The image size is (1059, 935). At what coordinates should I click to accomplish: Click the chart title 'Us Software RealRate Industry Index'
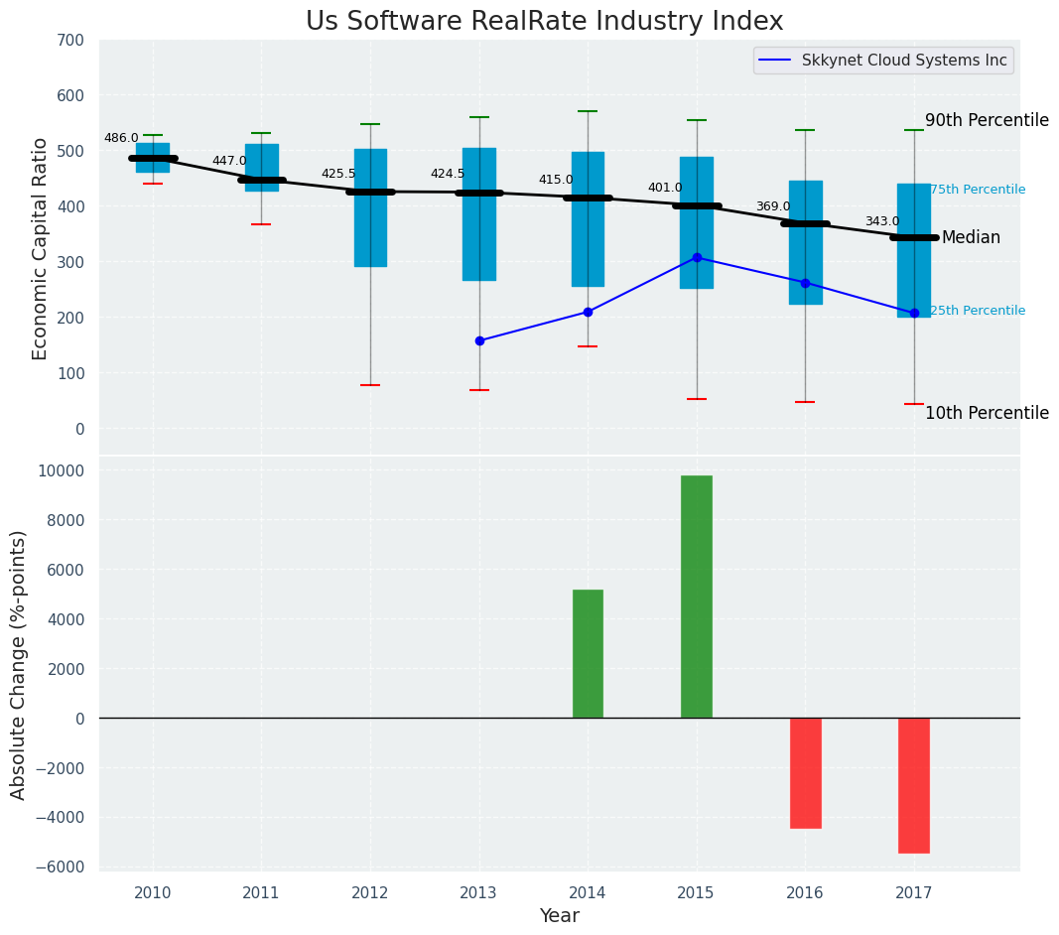pos(544,21)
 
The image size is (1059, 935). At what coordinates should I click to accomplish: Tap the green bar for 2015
pos(697,597)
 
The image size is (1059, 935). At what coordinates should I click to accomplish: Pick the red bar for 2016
pos(805,772)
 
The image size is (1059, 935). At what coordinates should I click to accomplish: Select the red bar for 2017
pos(914,785)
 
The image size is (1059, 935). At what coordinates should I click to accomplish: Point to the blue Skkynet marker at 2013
pos(479,340)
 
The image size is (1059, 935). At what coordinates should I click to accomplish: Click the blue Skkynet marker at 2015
pos(697,257)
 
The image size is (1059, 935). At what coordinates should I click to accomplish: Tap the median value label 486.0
pos(121,138)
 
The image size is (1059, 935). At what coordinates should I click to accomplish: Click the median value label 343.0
pos(881,221)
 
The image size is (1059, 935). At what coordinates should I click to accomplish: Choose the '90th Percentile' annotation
pos(987,120)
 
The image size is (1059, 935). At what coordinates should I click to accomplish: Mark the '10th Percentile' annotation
pos(987,413)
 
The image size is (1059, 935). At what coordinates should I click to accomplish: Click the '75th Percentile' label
pos(977,190)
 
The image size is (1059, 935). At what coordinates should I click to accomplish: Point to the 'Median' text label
pos(971,237)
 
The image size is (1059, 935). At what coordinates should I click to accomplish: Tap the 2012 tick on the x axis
pos(370,892)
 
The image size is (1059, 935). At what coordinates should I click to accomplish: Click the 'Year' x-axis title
pos(559,916)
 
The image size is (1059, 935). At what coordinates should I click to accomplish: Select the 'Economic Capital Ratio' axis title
pos(40,248)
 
